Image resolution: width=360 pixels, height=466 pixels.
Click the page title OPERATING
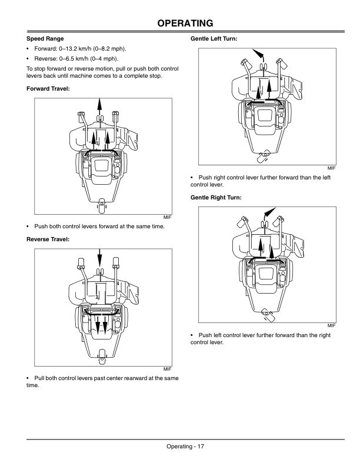pyautogui.click(x=180, y=23)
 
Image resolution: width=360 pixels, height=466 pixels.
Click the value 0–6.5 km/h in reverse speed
pyautogui.click(x=79, y=59)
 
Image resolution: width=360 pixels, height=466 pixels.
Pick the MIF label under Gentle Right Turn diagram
pyautogui.click(x=331, y=325)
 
